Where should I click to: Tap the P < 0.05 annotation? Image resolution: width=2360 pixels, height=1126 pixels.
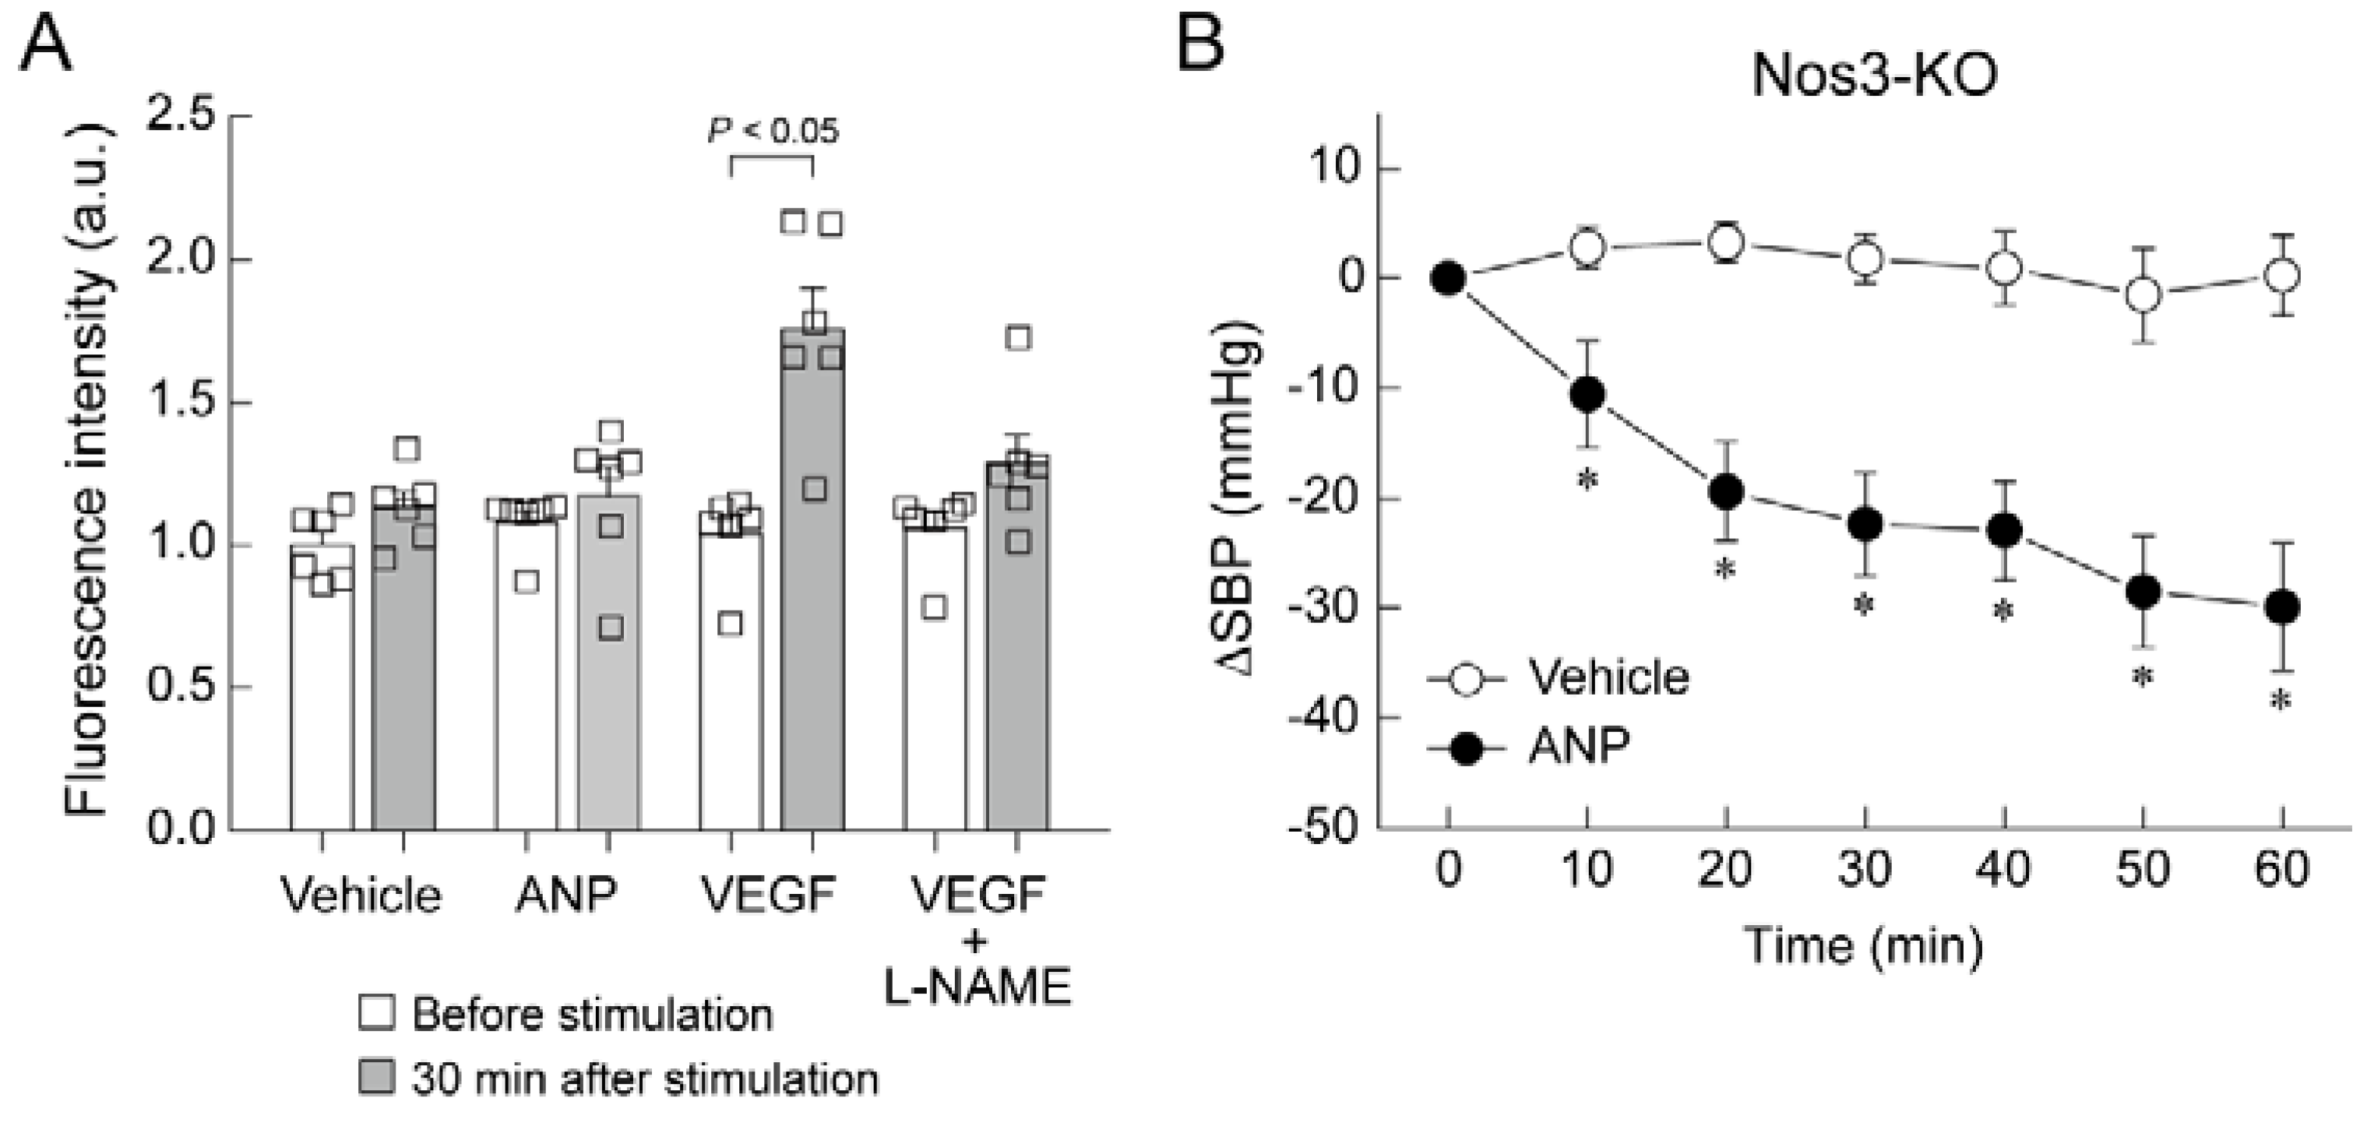tap(773, 131)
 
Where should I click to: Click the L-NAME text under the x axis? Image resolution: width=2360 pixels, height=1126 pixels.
tap(977, 987)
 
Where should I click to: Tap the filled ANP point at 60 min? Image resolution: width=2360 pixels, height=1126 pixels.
tap(2281, 607)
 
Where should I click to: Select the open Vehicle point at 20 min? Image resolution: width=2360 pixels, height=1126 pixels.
tap(1726, 243)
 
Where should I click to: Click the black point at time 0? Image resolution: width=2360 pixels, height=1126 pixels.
tap(1447, 277)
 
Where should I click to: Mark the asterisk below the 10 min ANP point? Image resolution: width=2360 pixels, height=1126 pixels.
tap(1587, 480)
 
